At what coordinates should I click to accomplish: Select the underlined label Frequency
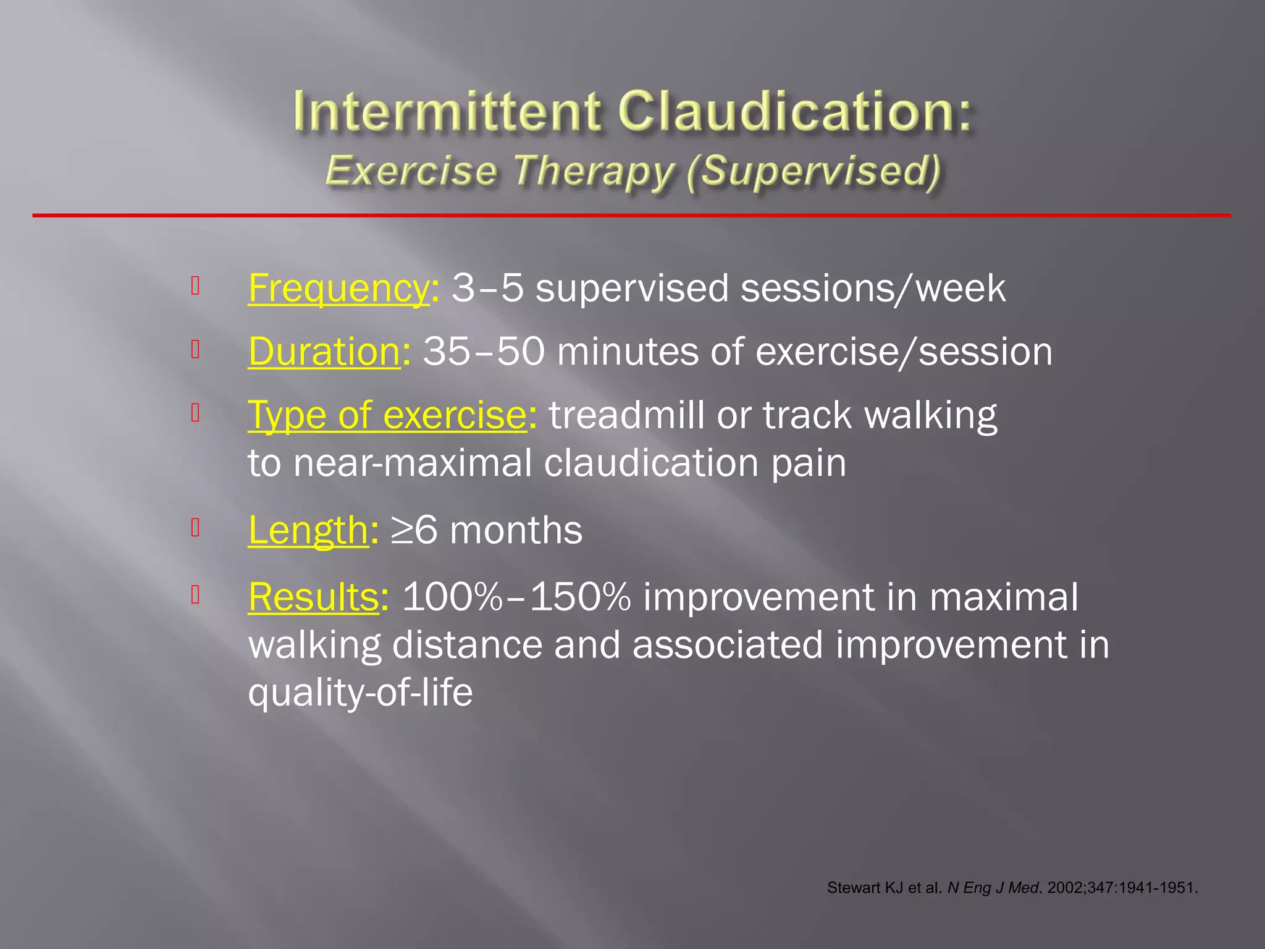(x=338, y=289)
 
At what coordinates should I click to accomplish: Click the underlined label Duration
(x=324, y=352)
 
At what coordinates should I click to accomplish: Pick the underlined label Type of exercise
(x=387, y=415)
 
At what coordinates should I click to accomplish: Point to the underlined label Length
(x=308, y=530)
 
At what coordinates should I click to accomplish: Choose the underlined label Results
(x=313, y=597)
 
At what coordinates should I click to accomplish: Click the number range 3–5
(x=487, y=289)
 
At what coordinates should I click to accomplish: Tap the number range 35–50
(x=484, y=352)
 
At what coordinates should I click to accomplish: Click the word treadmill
(x=626, y=415)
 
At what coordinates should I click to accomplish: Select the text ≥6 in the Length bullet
(x=414, y=530)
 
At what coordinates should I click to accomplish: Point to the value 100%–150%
(x=516, y=597)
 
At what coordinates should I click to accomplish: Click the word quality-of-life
(x=360, y=692)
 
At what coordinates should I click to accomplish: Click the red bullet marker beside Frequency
(x=195, y=285)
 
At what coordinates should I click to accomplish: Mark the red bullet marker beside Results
(x=195, y=594)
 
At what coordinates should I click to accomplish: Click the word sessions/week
(x=873, y=289)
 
